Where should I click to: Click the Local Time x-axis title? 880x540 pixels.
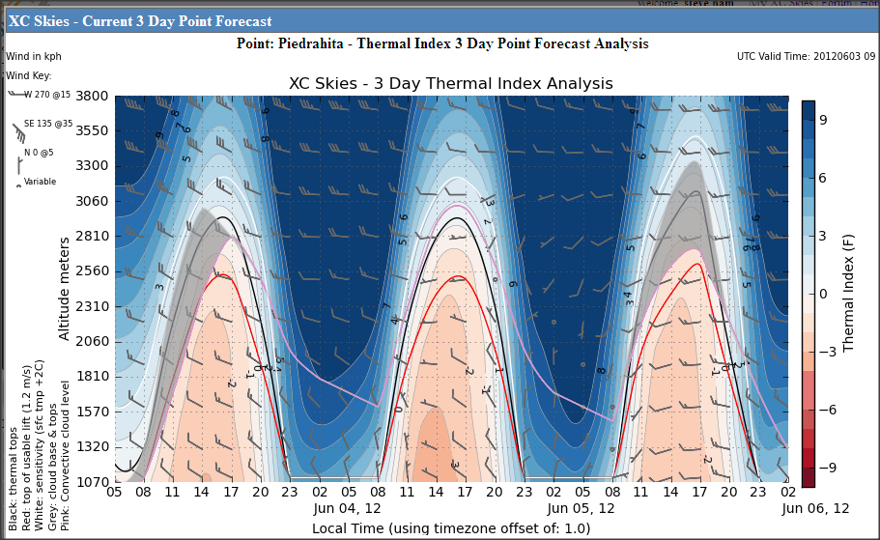pyautogui.click(x=451, y=528)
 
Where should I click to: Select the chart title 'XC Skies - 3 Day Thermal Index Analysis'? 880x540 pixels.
pyautogui.click(x=451, y=84)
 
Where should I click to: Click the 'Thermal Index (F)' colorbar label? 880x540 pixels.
pyautogui.click(x=851, y=290)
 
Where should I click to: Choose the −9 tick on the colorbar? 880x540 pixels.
pyautogui.click(x=823, y=468)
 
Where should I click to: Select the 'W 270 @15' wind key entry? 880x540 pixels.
pyautogui.click(x=46, y=95)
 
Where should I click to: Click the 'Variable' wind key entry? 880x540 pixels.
pyautogui.click(x=40, y=182)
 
